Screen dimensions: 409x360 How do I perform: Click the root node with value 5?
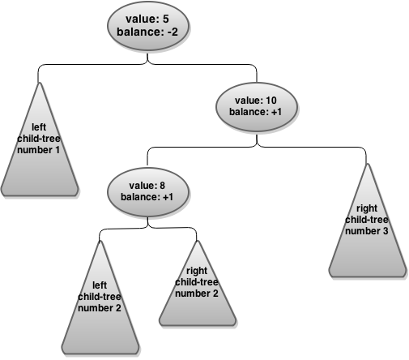[147, 26]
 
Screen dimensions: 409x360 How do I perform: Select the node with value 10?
[257, 107]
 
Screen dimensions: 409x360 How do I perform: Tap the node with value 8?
[147, 192]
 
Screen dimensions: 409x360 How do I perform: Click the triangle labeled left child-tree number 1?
[40, 139]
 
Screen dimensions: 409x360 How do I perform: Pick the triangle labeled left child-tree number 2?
[100, 298]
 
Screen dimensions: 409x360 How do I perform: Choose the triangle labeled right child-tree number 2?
[198, 283]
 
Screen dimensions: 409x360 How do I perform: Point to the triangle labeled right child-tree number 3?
[368, 221]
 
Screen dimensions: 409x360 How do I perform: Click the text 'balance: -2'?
[147, 32]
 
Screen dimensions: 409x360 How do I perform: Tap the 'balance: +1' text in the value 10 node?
[255, 112]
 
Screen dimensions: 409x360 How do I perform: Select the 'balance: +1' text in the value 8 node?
[147, 197]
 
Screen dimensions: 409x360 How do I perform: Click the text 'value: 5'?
[147, 19]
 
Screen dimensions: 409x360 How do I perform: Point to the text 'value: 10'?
[256, 101]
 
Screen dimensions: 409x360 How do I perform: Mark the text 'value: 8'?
[147, 186]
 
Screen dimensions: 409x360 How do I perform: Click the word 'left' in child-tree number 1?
[39, 127]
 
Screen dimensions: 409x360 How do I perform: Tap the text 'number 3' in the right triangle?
[367, 231]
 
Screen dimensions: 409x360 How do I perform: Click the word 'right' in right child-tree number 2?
[197, 270]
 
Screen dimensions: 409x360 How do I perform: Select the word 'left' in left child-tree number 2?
[100, 285]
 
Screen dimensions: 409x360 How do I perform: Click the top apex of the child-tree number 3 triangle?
[368, 164]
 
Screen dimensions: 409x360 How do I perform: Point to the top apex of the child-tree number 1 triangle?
[40, 83]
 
